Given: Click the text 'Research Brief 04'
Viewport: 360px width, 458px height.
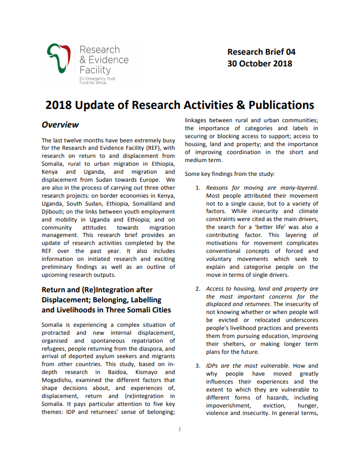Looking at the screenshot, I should click(261, 52).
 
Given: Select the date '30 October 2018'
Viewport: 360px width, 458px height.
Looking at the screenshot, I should click(259, 64).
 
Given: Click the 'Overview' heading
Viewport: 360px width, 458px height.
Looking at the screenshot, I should click(60, 125).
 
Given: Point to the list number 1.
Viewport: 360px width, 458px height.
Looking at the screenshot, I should click(197, 188).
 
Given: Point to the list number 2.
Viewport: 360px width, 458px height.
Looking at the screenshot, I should click(197, 289).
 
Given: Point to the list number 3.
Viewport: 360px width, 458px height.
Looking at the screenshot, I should click(197, 366).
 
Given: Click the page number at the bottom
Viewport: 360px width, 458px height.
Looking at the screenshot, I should click(180, 429).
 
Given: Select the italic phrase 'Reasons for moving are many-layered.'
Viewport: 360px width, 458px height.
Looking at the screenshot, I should click(262, 188).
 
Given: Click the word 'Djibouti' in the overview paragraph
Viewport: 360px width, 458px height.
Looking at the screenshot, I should click(53, 211).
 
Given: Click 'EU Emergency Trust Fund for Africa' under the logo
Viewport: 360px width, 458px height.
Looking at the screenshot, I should click(94, 80).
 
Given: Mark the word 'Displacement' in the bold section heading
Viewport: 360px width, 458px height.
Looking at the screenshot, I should click(65, 299).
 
